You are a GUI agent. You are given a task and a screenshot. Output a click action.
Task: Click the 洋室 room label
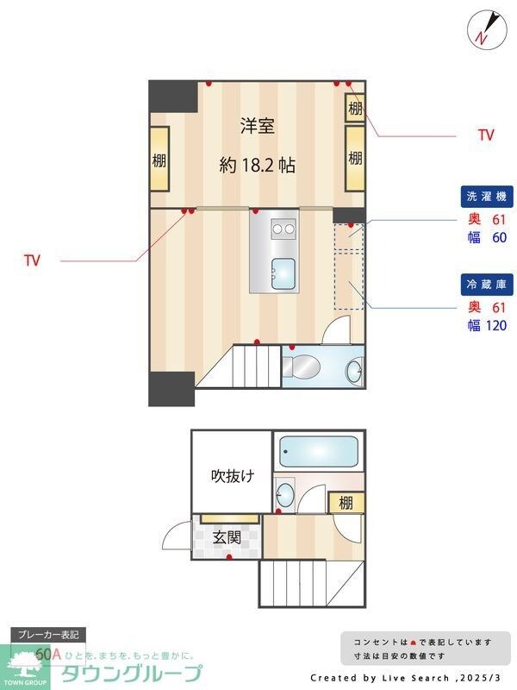(x=257, y=127)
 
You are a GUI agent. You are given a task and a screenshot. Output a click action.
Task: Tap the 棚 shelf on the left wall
(x=159, y=160)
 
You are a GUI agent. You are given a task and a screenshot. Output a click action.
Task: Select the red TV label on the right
(x=486, y=135)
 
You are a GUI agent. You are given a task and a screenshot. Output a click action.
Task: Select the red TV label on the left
(x=33, y=260)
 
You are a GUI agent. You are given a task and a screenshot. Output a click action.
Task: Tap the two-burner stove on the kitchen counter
(x=283, y=229)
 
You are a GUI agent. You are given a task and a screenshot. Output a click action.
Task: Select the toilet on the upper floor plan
(x=302, y=367)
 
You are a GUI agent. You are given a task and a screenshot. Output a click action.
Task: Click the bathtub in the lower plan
(x=318, y=452)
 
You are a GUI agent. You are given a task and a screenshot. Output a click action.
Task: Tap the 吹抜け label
(x=233, y=475)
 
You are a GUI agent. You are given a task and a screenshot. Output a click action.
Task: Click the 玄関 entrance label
(x=227, y=537)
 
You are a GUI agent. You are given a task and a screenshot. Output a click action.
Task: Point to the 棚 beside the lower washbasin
(x=346, y=503)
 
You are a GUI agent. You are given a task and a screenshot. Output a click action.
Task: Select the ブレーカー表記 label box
(x=48, y=635)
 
